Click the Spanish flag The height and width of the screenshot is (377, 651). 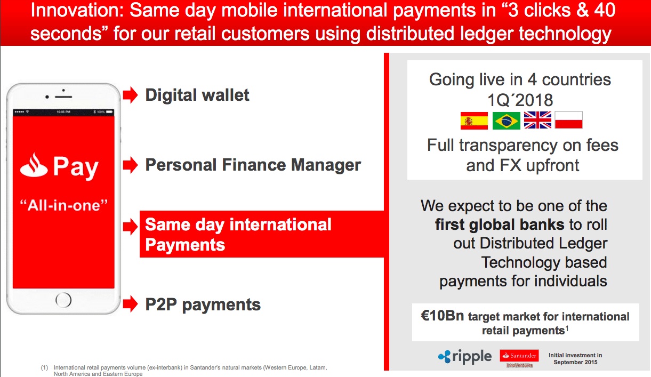coord(474,121)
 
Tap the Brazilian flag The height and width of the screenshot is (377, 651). coord(507,121)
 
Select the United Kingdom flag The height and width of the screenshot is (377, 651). coord(537,120)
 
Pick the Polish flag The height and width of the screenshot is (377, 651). coord(569,120)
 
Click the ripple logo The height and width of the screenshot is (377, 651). coord(465,356)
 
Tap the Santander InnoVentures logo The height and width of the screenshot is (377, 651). coord(519,358)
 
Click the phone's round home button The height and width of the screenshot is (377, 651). coord(63,300)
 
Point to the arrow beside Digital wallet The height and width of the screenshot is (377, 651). coord(130,95)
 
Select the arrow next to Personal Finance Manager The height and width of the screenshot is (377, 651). coord(130,165)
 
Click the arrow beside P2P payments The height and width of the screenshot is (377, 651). coord(130,304)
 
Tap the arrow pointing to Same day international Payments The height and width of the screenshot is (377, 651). coord(130,227)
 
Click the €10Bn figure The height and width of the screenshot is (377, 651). coord(443,316)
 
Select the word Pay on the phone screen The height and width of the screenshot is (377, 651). coord(76,167)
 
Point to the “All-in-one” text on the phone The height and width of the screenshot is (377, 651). coord(63,205)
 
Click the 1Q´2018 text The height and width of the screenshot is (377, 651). coord(520,100)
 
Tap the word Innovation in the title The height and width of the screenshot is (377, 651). coord(77,11)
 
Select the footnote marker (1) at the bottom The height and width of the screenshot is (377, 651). coord(44,368)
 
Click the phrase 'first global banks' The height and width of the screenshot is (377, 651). coord(500,224)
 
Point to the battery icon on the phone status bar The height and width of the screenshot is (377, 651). coord(109,111)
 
